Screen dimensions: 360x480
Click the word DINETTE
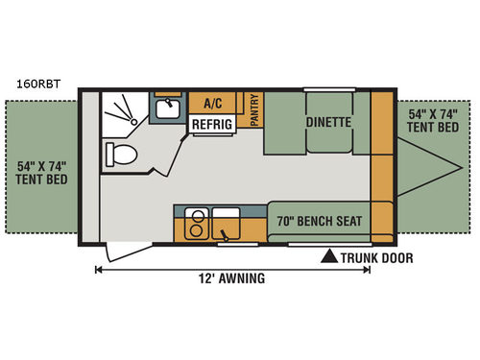tap(329, 123)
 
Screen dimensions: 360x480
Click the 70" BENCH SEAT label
tap(319, 219)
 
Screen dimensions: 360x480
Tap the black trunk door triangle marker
tap(328, 256)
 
